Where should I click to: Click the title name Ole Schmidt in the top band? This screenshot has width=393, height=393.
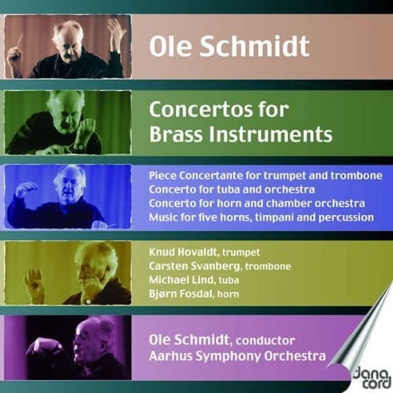click(x=229, y=46)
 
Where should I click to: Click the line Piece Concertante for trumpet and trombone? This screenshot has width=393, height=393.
click(x=265, y=175)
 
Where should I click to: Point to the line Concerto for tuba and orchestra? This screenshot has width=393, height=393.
click(x=231, y=189)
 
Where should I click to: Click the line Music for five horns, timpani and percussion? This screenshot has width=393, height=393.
click(x=261, y=217)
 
